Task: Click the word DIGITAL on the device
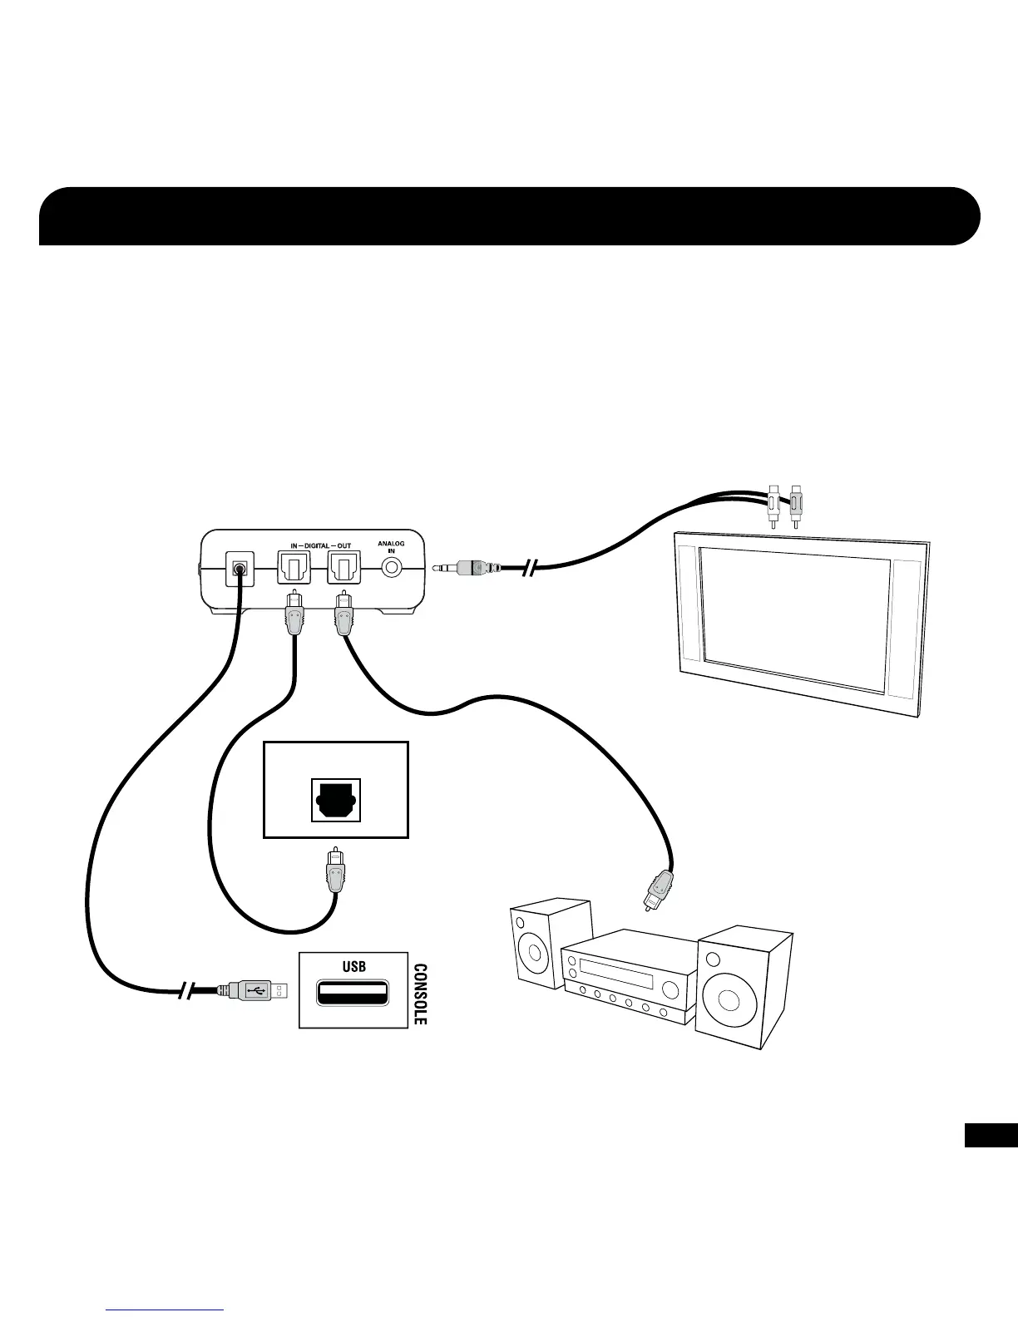pos(316,546)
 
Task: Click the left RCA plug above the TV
pos(774,507)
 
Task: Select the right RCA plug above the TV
pos(796,507)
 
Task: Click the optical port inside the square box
pos(335,800)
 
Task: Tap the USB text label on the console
pos(354,966)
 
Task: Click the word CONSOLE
pos(421,994)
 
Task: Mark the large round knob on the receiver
pos(670,989)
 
